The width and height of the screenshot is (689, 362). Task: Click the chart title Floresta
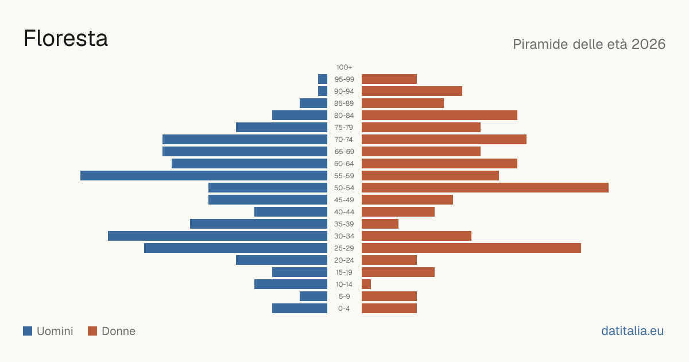pos(65,38)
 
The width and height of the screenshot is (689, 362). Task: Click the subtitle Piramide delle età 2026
pos(589,44)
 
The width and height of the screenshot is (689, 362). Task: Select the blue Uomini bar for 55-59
pos(204,175)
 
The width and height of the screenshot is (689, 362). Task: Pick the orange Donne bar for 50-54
pos(485,188)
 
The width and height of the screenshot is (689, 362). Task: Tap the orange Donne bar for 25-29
pos(471,248)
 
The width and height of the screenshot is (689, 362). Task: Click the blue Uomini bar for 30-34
pos(218,236)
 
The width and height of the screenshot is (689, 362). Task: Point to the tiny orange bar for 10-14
pos(366,284)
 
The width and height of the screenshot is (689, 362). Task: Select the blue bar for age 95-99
pos(323,79)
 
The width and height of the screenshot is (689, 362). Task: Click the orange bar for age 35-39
pos(380,224)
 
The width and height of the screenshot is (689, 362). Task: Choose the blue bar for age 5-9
pos(313,296)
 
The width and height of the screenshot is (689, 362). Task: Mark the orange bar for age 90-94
pos(412,91)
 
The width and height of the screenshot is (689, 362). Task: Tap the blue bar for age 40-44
pos(291,212)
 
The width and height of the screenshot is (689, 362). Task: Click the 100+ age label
pos(344,67)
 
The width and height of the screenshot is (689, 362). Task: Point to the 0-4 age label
pos(344,309)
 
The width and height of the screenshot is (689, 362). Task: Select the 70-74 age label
pos(344,140)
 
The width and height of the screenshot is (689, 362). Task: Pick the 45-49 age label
pos(344,200)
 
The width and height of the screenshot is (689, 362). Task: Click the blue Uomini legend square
pos(28,331)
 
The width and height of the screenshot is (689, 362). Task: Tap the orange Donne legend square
pos(92,331)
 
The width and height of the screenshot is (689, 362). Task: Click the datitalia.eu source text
pos(632,331)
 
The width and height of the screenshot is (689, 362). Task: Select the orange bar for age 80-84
pos(440,115)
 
